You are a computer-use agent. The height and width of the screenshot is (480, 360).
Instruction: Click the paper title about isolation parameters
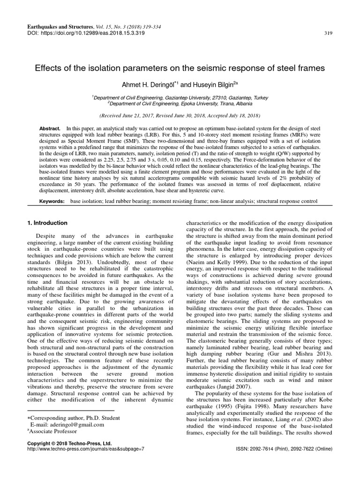pyautogui.click(x=180, y=68)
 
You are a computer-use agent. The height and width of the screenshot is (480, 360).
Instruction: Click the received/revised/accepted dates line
pyautogui.click(x=180, y=114)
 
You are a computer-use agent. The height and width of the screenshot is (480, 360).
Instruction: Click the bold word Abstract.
pyautogui.click(x=50, y=127)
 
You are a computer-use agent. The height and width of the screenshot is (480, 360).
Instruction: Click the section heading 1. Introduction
pyautogui.click(x=47, y=223)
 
